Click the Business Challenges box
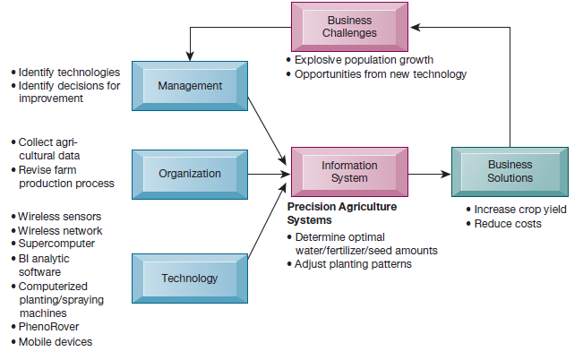tap(349, 27)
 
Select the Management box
tap(189, 86)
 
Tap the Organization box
tap(189, 173)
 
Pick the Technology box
tap(189, 278)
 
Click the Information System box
tap(349, 171)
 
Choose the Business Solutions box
tap(510, 171)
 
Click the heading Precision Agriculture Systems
tap(341, 213)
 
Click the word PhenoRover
tap(49, 327)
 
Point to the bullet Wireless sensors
tap(59, 216)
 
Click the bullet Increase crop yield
tap(519, 210)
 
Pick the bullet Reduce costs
tap(508, 223)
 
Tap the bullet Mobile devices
tap(55, 341)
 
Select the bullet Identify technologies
tap(69, 72)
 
